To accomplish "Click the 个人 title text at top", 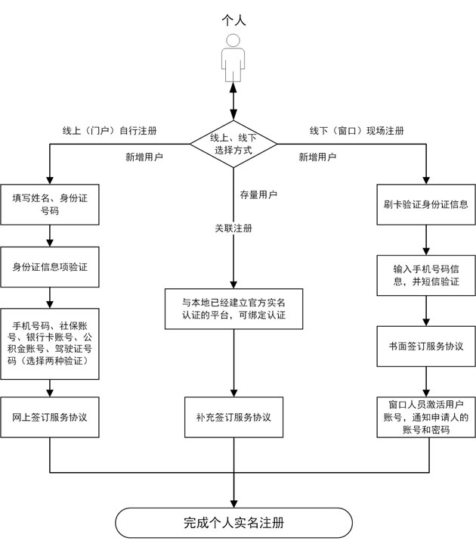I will tap(233, 20).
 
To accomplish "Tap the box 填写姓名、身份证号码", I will tap(50, 204).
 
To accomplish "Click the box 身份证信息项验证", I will tap(50, 267).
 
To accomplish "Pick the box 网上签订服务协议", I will tap(50, 417).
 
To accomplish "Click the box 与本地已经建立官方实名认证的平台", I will tap(233, 308).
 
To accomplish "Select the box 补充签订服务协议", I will tap(233, 417).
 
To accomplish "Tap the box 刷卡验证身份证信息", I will tap(426, 204).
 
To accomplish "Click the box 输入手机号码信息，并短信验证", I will tap(426, 275).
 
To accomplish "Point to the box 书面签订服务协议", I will tap(426, 346).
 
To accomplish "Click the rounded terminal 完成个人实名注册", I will tap(233, 522).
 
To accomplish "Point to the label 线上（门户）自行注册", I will tap(110, 130).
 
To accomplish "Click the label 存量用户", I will tap(258, 195).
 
